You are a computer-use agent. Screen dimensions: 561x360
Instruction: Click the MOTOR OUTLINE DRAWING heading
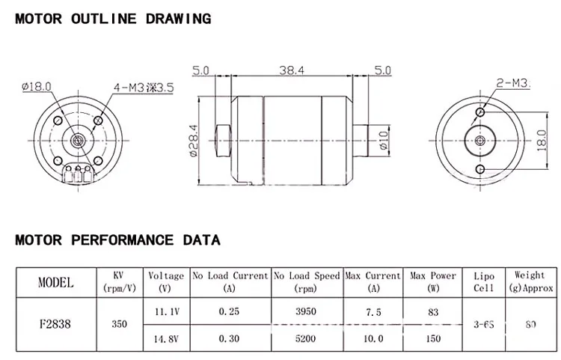113,19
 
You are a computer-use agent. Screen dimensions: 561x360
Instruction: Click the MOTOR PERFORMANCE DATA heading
117,240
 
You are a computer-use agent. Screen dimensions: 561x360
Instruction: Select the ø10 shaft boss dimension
384,140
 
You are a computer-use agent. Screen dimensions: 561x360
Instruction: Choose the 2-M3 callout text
512,82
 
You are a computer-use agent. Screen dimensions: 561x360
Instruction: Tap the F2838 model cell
56,326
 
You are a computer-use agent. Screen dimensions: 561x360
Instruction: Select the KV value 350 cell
119,326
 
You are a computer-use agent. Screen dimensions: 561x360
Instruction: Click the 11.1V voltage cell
165,311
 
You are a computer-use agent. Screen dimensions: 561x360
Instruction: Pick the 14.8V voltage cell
165,338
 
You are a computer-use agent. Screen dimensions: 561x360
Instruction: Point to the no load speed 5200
307,338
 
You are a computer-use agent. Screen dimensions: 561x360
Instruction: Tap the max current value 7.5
373,311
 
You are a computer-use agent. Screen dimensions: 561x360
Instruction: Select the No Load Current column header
230,281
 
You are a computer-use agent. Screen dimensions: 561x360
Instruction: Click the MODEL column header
56,282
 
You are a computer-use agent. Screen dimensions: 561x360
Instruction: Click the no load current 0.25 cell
230,311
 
